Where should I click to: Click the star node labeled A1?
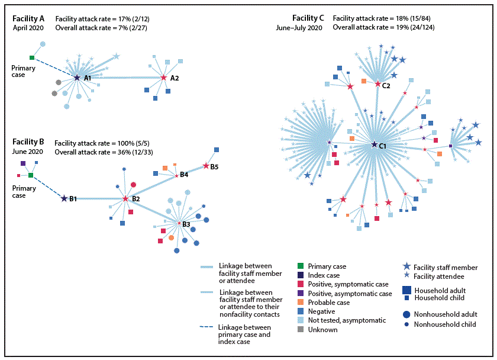click(x=77, y=78)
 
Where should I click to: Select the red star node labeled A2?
click(x=164, y=78)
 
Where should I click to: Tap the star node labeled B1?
click(x=64, y=198)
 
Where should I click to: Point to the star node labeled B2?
click(x=125, y=198)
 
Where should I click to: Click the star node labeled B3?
click(x=179, y=223)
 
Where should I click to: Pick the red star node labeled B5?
click(x=206, y=165)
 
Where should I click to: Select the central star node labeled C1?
click(x=374, y=144)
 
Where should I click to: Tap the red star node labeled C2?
click(x=377, y=84)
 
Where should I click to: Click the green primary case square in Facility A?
click(x=31, y=57)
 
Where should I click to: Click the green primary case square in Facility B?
click(x=30, y=175)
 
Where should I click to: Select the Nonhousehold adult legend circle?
click(x=406, y=315)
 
